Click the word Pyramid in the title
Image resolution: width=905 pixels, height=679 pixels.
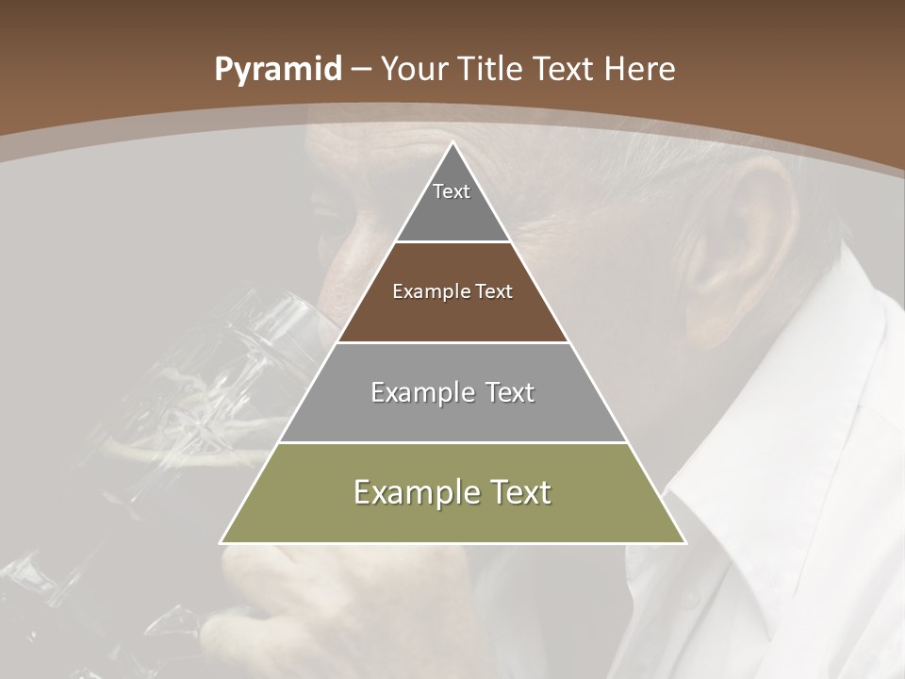(x=277, y=70)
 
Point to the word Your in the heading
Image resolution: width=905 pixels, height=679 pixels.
(x=415, y=70)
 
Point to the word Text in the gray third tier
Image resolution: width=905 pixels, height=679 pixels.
(x=502, y=392)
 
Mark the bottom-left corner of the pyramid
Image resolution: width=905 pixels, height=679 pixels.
(x=221, y=543)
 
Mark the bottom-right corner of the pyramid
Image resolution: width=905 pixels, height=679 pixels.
(x=685, y=543)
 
